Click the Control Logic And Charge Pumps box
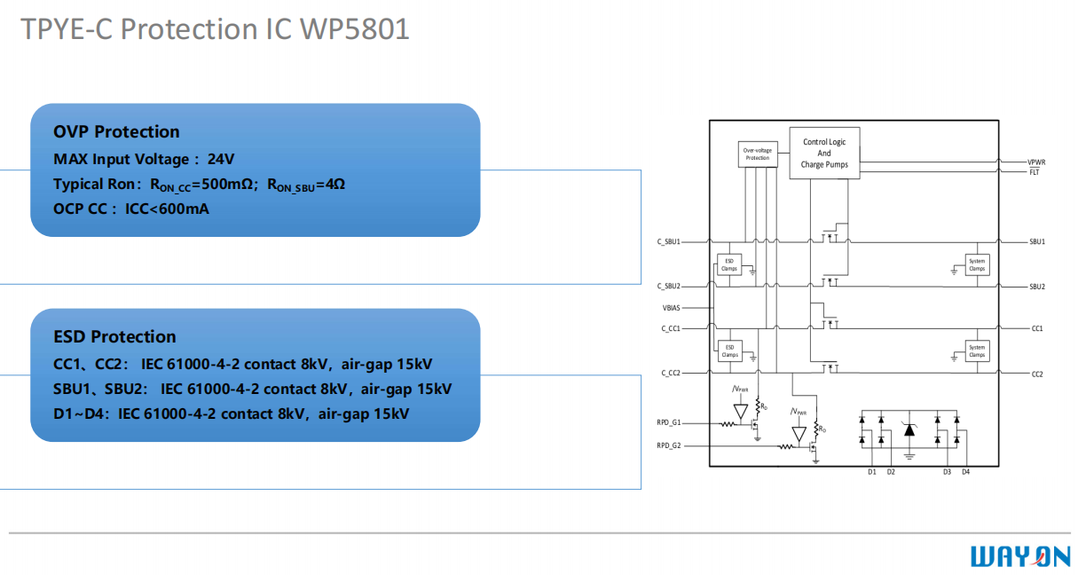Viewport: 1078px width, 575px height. (x=824, y=154)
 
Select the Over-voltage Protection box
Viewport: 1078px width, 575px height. (x=757, y=154)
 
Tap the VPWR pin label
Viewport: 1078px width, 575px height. (x=1036, y=162)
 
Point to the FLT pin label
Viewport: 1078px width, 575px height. (x=1034, y=171)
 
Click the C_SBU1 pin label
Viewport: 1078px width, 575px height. (x=668, y=241)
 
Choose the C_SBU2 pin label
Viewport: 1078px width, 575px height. (x=668, y=287)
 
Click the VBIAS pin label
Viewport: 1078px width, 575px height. (x=672, y=308)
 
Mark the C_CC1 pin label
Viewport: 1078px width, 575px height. (x=670, y=328)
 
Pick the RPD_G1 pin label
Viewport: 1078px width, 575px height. (x=669, y=422)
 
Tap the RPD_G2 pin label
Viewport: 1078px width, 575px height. (x=669, y=445)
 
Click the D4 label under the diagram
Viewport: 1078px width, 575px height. (x=965, y=472)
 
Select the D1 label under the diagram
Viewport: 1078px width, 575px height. (x=872, y=472)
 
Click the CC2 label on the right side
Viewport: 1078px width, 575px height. (x=1037, y=374)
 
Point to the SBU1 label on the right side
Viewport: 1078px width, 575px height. (x=1037, y=241)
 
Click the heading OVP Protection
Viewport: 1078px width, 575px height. (x=116, y=132)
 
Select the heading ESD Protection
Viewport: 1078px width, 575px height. (x=114, y=337)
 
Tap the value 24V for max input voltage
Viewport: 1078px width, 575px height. (x=221, y=160)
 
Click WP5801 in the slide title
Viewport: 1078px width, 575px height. (x=355, y=28)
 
